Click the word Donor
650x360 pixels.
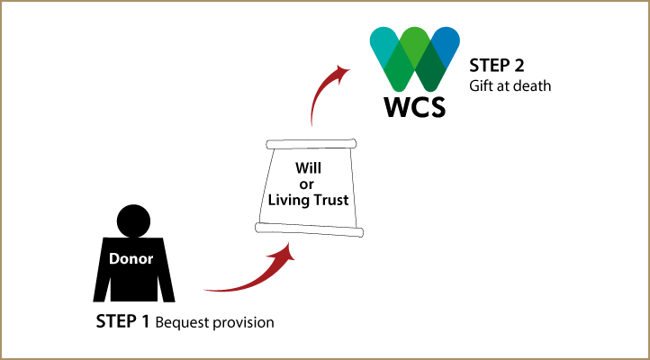coord(131,259)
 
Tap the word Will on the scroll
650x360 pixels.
coord(308,168)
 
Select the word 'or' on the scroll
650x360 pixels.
coord(306,184)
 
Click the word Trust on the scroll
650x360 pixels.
coord(331,201)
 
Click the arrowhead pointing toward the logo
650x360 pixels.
coord(342,70)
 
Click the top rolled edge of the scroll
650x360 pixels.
coord(311,144)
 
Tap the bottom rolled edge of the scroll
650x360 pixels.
coord(309,229)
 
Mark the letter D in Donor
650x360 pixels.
coord(114,259)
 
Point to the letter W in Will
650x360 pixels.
coord(302,168)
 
